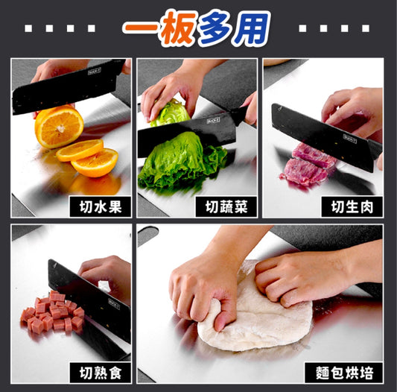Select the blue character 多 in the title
[x=217, y=28]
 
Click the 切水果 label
[x=101, y=206]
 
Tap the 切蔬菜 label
[x=226, y=206]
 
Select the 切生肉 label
[x=352, y=206]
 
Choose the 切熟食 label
[x=101, y=373]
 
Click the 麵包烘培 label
[x=344, y=373]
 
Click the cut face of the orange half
[x=60, y=127]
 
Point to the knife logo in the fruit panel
[x=94, y=72]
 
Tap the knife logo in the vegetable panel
[x=213, y=121]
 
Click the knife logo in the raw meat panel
[x=350, y=139]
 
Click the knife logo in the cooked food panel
[x=114, y=304]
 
